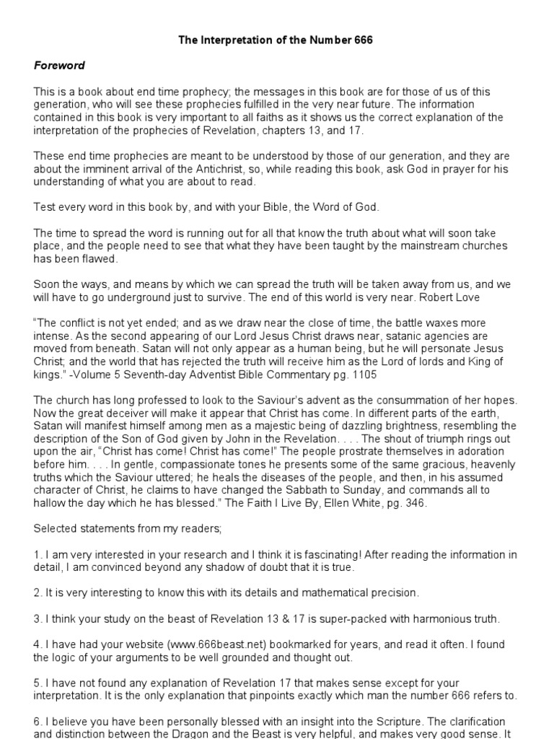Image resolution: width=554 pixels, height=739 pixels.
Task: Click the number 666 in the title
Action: point(363,40)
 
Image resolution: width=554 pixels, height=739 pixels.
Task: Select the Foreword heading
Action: point(59,66)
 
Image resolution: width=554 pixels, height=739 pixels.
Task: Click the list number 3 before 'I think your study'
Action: point(37,618)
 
